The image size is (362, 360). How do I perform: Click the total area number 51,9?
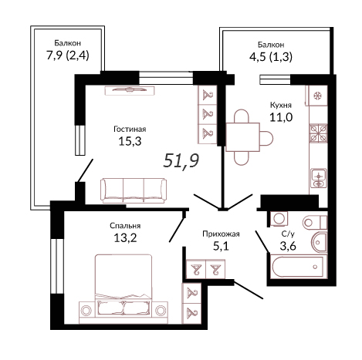pyautogui.click(x=181, y=160)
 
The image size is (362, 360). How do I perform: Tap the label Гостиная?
pyautogui.click(x=130, y=129)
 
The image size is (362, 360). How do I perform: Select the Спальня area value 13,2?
pyautogui.click(x=125, y=238)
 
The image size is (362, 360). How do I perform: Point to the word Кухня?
pyautogui.click(x=281, y=105)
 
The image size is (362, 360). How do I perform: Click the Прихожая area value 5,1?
pyautogui.click(x=221, y=246)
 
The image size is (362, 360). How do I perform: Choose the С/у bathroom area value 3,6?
pyautogui.click(x=288, y=246)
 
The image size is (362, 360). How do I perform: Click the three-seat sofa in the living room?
pyautogui.click(x=134, y=190)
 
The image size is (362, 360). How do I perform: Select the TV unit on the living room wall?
pyautogui.click(x=130, y=90)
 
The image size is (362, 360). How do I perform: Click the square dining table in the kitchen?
pyautogui.click(x=242, y=137)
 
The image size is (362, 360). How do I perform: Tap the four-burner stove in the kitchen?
pyautogui.click(x=318, y=133)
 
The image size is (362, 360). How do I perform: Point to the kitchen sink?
pyautogui.click(x=319, y=178)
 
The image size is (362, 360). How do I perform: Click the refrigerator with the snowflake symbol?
pyautogui.click(x=318, y=96)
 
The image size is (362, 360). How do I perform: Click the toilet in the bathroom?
pyautogui.click(x=315, y=222)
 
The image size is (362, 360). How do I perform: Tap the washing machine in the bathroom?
pyautogui.click(x=279, y=219)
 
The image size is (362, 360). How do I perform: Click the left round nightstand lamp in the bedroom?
pyautogui.click(x=86, y=311)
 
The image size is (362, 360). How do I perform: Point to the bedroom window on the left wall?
pyautogui.click(x=57, y=266)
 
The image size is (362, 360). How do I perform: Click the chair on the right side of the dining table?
pyautogui.click(x=266, y=137)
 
